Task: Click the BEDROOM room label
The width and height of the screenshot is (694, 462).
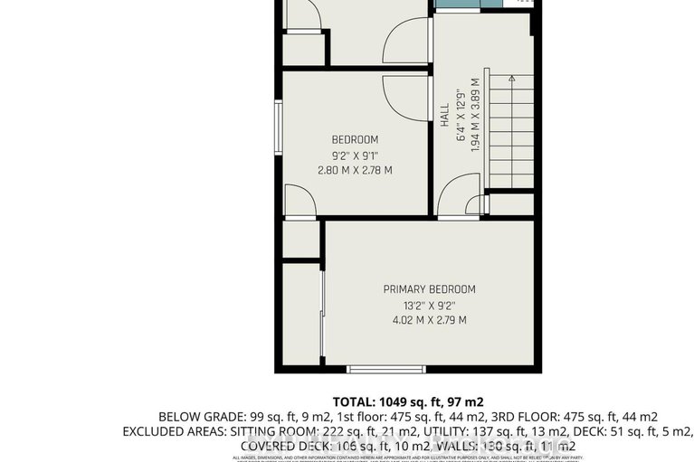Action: point(355,139)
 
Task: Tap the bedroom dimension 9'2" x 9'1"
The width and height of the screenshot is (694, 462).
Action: point(355,155)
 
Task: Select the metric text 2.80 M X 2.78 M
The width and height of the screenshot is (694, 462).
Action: point(355,170)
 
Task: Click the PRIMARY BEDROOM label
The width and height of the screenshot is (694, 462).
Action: point(429,289)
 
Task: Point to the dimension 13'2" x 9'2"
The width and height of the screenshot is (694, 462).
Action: point(429,305)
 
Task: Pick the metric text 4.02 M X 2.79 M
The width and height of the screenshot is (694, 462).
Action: point(429,320)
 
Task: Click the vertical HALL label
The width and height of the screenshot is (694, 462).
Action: point(444,114)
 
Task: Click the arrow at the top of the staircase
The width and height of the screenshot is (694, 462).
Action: point(511,80)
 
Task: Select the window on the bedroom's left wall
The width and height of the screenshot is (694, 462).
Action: point(279,127)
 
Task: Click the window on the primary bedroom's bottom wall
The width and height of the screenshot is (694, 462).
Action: point(386,368)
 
